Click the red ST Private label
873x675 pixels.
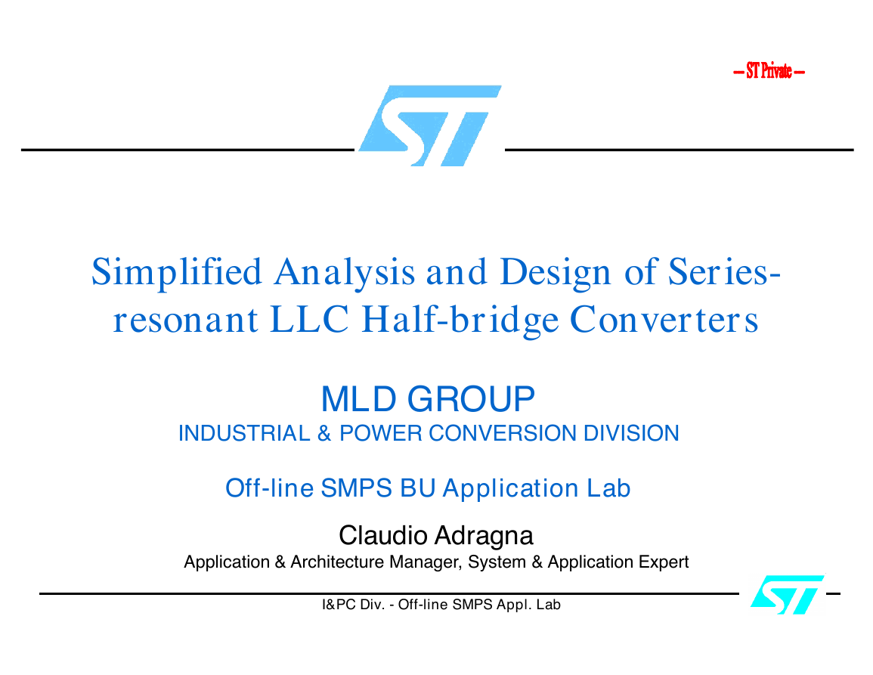(769, 71)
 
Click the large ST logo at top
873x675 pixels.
(430, 126)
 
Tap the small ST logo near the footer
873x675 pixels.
(788, 595)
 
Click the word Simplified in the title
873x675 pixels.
(177, 273)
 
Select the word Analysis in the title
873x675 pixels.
(345, 273)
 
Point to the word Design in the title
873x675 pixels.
(556, 273)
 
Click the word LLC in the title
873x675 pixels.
(310, 320)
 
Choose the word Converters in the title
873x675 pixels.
(664, 320)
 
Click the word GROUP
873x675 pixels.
(471, 399)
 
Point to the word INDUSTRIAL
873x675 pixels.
(244, 433)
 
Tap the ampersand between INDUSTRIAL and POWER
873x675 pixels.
(324, 433)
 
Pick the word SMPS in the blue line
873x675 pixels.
(357, 488)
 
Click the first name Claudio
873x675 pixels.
(383, 536)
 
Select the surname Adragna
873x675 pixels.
(484, 537)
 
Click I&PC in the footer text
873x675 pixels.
(339, 605)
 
